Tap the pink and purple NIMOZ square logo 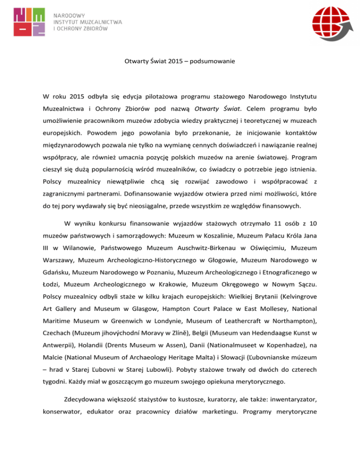pyautogui.click(x=30, y=23)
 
